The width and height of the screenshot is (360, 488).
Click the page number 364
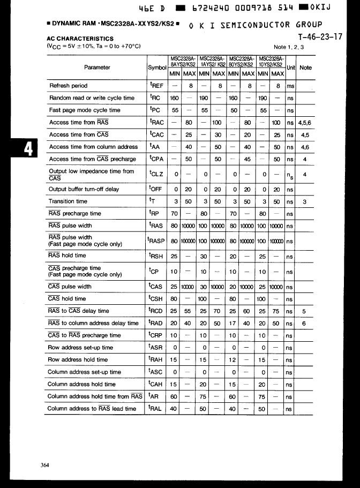click(45, 465)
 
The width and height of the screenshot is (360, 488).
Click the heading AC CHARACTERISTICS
click(80, 39)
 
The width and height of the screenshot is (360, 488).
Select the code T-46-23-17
click(320, 37)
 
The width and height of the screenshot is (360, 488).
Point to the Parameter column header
click(97, 67)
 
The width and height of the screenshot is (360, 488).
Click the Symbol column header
click(157, 68)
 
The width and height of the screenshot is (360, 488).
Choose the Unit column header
click(291, 67)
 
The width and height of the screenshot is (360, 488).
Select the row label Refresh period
click(68, 86)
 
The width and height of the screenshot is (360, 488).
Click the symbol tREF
click(157, 86)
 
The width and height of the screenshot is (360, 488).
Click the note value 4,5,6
click(305, 123)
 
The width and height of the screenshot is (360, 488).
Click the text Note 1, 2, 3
click(288, 47)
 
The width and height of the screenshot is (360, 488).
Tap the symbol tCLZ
click(157, 174)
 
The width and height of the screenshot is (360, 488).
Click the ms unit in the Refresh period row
click(291, 86)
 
